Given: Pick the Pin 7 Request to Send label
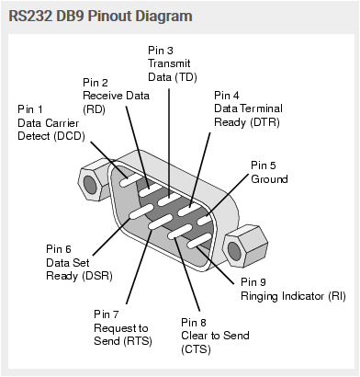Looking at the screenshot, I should [x=123, y=328].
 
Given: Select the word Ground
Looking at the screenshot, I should [x=272, y=178].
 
